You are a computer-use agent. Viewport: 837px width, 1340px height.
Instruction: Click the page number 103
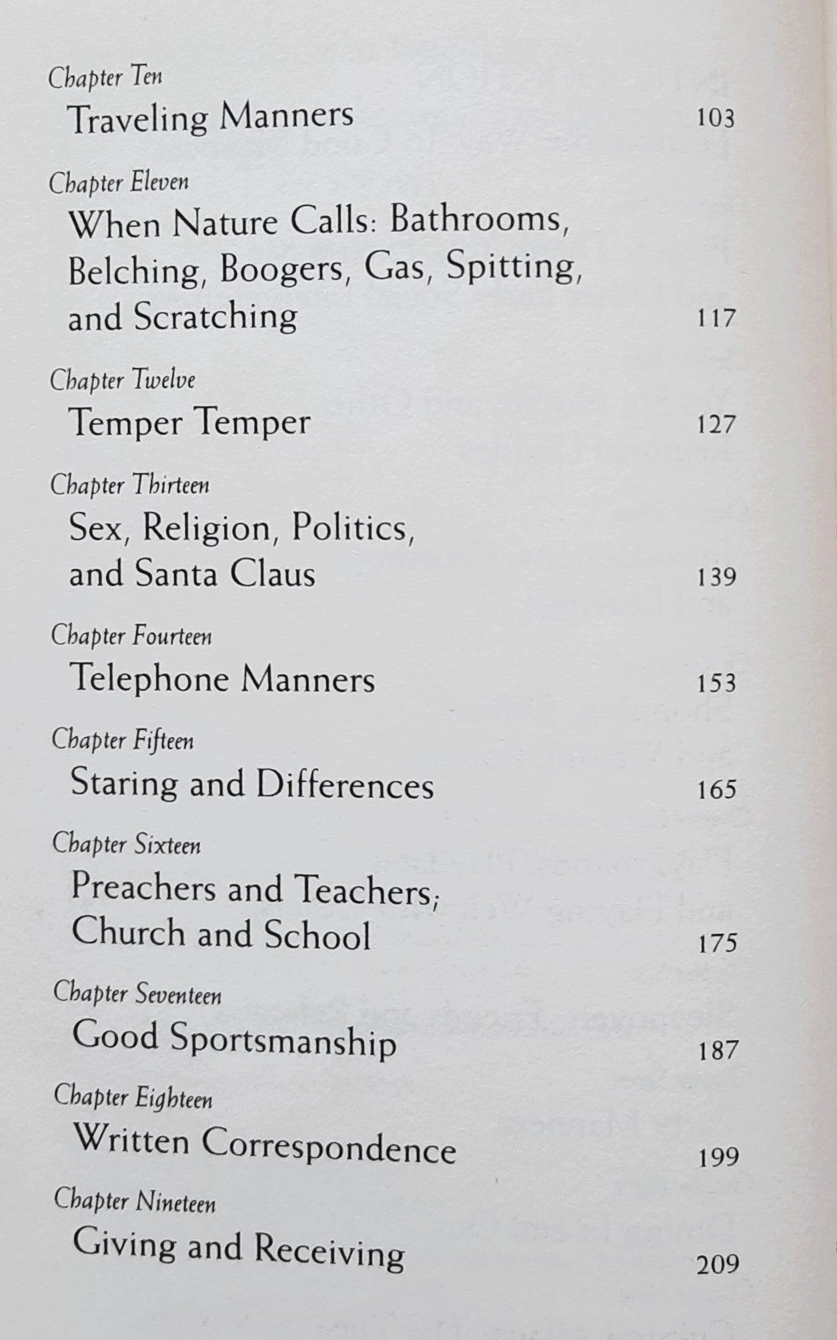pyautogui.click(x=714, y=119)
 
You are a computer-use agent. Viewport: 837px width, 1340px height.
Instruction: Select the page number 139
pyautogui.click(x=716, y=577)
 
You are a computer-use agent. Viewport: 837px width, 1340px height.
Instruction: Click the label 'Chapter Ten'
pyautogui.click(x=105, y=79)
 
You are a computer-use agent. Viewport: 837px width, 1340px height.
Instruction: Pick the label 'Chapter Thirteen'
pyautogui.click(x=130, y=485)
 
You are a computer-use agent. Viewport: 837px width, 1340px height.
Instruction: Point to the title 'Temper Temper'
pyautogui.click(x=189, y=423)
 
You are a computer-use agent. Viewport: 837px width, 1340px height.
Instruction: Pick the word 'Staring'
pyautogui.click(x=125, y=784)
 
